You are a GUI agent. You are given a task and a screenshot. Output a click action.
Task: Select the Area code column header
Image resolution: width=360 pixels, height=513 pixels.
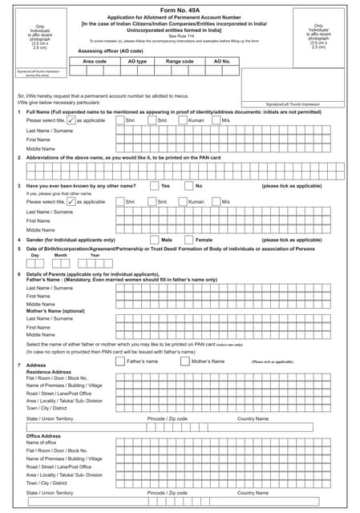(x=95, y=61)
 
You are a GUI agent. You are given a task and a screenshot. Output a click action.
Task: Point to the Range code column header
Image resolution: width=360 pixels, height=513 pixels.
(x=180, y=61)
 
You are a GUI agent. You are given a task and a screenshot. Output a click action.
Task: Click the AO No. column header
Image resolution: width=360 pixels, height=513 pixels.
(x=222, y=61)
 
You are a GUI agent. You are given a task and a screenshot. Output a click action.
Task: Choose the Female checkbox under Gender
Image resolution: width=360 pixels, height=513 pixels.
(x=188, y=240)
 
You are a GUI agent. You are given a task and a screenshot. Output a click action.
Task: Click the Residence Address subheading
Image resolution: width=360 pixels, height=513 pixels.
(x=50, y=372)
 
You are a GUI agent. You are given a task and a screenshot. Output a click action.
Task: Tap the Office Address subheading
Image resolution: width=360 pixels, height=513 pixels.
(x=44, y=436)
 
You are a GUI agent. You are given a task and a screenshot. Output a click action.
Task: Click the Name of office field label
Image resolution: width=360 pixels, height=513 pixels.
(x=42, y=442)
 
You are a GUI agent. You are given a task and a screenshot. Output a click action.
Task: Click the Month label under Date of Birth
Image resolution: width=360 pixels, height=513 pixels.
(x=61, y=255)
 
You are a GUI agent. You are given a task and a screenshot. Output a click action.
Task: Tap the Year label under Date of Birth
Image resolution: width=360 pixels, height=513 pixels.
(x=95, y=255)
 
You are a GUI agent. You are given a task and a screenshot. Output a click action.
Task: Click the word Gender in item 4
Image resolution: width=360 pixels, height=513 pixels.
(x=38, y=240)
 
